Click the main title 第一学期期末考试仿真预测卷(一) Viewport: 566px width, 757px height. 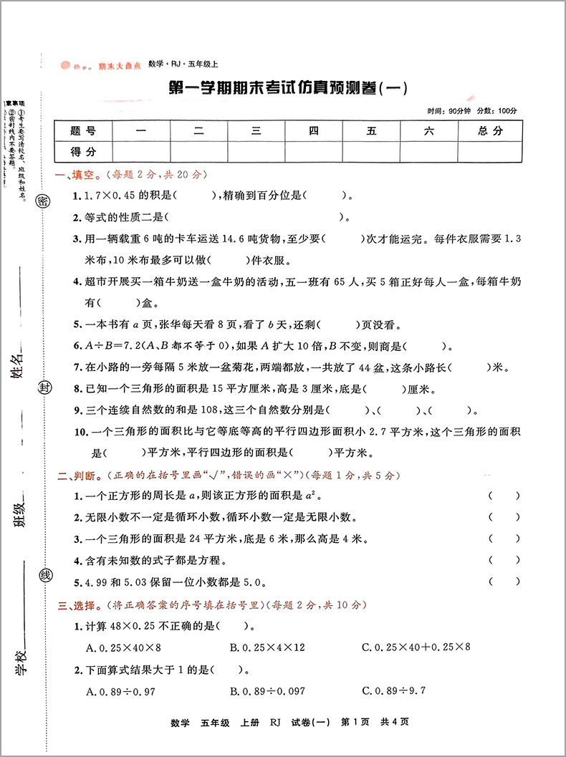[286, 89]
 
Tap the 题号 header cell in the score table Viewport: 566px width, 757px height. [83, 130]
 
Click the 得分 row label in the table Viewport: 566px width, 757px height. [83, 151]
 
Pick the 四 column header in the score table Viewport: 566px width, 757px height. [313, 130]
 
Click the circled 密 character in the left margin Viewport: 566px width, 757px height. [42, 201]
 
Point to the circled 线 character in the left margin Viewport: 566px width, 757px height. [45, 575]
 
